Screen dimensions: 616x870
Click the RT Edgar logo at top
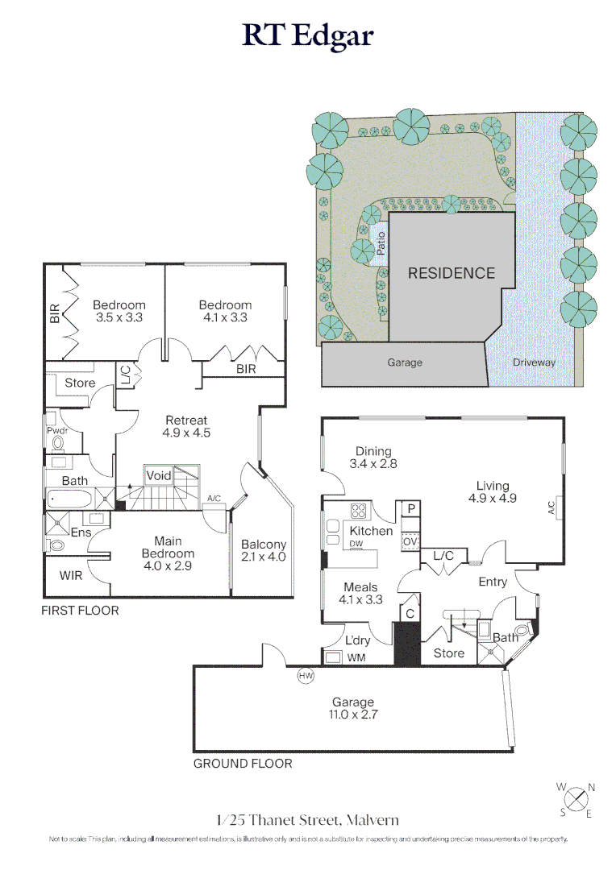(308, 36)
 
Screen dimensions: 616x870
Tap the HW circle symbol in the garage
(306, 675)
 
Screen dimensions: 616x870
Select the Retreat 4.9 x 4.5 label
(186, 427)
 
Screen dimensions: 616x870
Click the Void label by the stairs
(158, 475)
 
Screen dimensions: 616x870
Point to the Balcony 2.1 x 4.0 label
(264, 550)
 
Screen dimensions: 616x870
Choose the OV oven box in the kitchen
(410, 541)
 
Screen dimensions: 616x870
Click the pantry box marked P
(411, 509)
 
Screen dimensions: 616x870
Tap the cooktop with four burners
(358, 511)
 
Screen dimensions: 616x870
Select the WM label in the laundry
(356, 657)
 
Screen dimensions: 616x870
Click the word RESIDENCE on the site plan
(452, 273)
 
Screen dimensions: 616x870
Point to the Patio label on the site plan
(381, 243)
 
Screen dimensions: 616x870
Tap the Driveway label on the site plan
(534, 362)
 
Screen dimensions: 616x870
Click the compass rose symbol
(576, 800)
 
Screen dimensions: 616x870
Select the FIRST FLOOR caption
(80, 611)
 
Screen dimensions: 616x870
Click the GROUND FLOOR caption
(243, 764)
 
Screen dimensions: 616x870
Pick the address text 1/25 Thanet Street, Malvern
(308, 820)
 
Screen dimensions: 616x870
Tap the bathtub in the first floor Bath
(69, 499)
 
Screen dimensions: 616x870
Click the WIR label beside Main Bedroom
(71, 575)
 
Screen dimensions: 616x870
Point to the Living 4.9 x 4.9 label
(493, 492)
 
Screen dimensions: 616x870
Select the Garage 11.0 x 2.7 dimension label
(353, 709)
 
